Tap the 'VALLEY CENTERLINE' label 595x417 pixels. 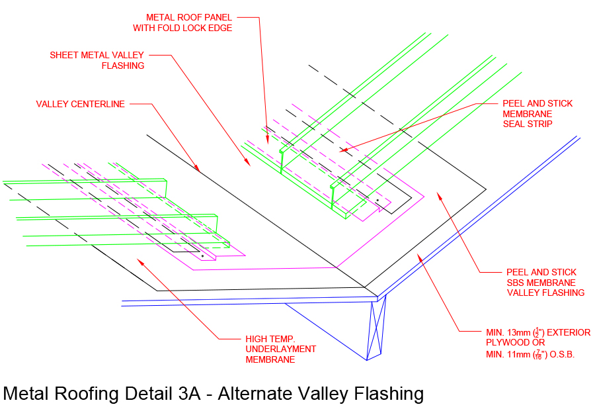(80, 104)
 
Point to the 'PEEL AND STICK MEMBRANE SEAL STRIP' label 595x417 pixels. (537, 114)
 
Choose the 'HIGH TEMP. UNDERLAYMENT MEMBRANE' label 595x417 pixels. (280, 349)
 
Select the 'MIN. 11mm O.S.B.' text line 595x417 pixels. (530, 355)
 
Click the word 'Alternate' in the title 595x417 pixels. (257, 393)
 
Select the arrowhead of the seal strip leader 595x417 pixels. (341, 152)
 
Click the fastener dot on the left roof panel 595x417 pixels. (202, 255)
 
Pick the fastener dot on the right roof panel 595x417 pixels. (377, 200)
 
